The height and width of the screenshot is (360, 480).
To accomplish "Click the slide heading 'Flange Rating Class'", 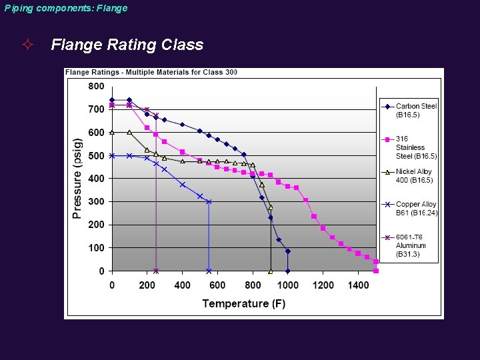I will (x=127, y=45).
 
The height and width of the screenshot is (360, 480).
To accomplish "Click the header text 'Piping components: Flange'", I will (x=65, y=9).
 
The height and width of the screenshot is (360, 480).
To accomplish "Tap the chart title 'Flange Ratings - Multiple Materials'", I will (x=151, y=72).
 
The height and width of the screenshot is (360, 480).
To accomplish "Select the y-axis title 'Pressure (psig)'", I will (x=77, y=179).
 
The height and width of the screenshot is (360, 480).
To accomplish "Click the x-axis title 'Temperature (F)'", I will (x=243, y=303).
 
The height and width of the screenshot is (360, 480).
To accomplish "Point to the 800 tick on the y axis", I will (x=96, y=86).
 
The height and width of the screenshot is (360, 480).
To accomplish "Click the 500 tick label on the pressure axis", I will (x=96, y=155).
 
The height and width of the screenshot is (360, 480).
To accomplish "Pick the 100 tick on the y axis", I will (x=96, y=248).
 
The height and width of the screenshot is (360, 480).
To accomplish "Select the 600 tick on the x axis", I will (x=217, y=285).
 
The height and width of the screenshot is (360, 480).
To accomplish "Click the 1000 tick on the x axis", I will (x=287, y=285).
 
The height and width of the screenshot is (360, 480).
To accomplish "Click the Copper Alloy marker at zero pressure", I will (x=209, y=271).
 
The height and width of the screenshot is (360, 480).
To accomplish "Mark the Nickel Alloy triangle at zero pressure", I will (x=270, y=271).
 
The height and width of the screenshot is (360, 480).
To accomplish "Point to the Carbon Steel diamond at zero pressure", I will (x=287, y=271).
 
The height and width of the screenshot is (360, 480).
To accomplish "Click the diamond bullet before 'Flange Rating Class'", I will (x=27, y=45).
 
